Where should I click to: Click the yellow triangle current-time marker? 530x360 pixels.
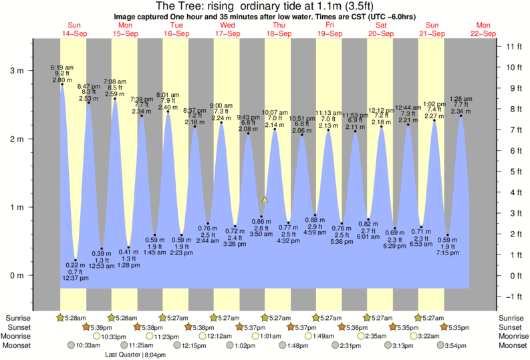point(265,199)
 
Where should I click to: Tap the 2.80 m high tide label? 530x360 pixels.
point(61,79)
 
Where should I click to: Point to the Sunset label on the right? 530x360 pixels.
point(510,327)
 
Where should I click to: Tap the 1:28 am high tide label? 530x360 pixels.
point(460,99)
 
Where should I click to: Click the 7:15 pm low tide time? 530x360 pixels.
point(448,253)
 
